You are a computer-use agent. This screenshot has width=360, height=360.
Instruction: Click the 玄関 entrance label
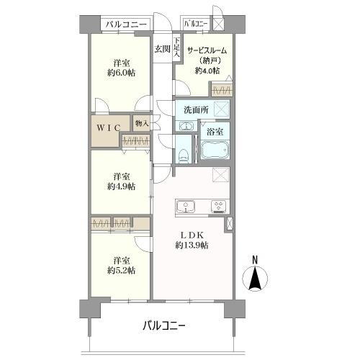click(x=162, y=49)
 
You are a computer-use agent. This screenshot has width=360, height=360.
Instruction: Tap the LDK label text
click(x=191, y=233)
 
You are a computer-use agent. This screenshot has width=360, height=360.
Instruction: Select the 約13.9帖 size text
click(x=191, y=246)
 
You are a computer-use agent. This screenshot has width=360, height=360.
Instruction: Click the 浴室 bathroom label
click(x=215, y=132)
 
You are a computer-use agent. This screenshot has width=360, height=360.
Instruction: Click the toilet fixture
click(x=184, y=152)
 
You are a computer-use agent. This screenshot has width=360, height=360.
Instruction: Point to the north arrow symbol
click(x=255, y=279)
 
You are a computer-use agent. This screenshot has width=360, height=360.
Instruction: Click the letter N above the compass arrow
click(x=255, y=260)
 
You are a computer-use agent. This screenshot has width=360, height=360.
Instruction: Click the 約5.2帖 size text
click(x=120, y=270)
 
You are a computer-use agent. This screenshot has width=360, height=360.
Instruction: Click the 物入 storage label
click(x=141, y=124)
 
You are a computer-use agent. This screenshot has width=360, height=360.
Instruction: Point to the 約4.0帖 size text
click(x=207, y=71)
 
